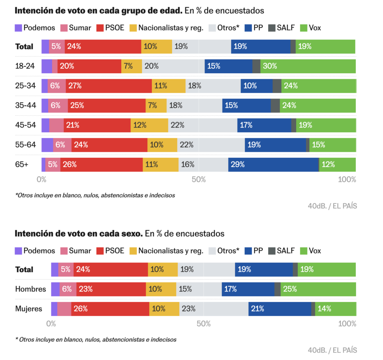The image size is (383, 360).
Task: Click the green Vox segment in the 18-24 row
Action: click(x=308, y=66)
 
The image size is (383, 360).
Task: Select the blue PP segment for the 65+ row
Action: click(x=273, y=164)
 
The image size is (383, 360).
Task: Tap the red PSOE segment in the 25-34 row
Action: click(x=108, y=86)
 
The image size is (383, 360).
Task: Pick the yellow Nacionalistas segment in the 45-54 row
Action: click(x=149, y=125)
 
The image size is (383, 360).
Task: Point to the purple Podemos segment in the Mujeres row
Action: click(x=54, y=309)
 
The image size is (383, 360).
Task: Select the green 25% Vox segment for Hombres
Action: click(x=318, y=289)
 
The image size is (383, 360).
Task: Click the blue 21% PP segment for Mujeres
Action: click(x=280, y=309)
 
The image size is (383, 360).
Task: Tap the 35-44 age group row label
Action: click(x=25, y=105)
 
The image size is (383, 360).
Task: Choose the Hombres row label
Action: click(x=31, y=289)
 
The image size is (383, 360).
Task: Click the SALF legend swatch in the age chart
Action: click(x=272, y=28)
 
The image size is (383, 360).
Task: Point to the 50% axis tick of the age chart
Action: click(x=199, y=179)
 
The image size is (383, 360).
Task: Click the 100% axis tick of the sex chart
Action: click(x=347, y=324)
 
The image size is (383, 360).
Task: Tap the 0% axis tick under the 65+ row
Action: click(x=42, y=179)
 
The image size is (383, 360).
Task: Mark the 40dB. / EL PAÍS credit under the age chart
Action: click(x=332, y=206)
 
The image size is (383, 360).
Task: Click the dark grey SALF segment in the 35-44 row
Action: click(x=275, y=105)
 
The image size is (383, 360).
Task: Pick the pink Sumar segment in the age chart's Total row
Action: click(x=56, y=46)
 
